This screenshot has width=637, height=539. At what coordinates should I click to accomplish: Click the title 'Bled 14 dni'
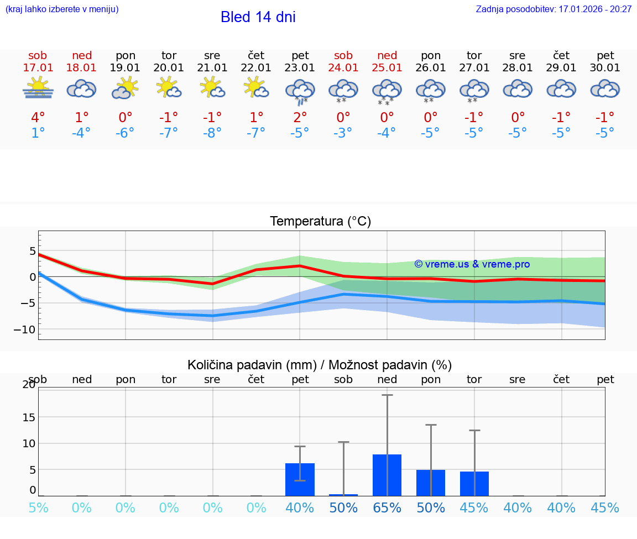click(258, 17)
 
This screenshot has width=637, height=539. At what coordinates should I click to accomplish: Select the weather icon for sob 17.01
click(38, 88)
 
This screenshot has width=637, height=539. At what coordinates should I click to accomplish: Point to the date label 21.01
click(212, 68)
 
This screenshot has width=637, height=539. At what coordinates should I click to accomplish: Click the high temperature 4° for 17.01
click(38, 118)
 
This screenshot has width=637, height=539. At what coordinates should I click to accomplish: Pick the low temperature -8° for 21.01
click(212, 133)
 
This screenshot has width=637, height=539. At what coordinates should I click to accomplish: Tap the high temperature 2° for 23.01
click(300, 118)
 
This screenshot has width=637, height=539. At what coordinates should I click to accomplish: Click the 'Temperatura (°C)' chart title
click(320, 222)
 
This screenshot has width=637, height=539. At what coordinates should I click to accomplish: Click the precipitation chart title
click(320, 365)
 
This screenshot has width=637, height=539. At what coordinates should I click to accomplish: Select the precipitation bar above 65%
click(387, 475)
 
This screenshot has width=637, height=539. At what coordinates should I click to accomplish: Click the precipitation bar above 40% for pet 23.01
click(300, 479)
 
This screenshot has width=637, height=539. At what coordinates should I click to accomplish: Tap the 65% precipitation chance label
click(387, 508)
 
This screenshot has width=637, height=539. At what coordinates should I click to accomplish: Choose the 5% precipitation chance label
click(38, 508)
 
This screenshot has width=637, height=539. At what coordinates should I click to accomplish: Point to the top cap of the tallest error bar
click(387, 395)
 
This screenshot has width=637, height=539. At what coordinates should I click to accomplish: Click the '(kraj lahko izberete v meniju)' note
click(62, 9)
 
